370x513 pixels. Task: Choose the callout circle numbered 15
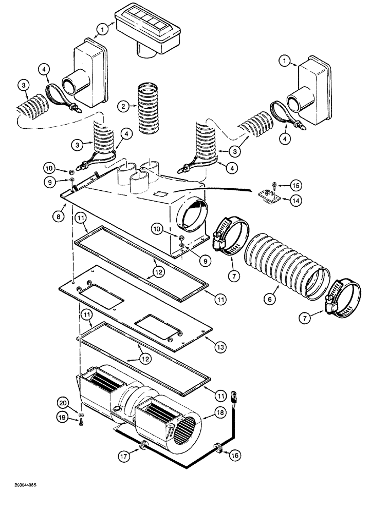293,184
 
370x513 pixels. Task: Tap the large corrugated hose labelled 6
285,267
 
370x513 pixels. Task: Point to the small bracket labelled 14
268,196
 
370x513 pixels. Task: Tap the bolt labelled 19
82,422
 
